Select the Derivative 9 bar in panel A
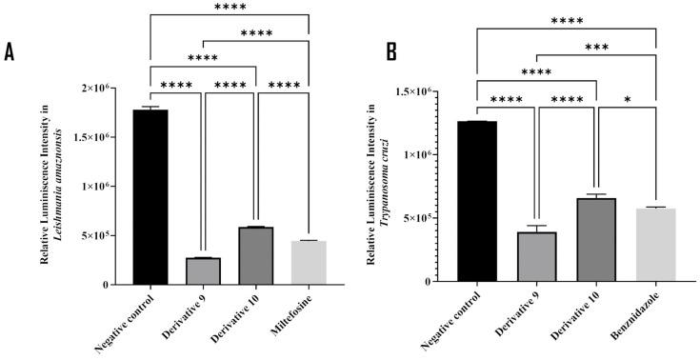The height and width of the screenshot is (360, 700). coord(203,271)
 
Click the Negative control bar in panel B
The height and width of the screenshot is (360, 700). coord(476,201)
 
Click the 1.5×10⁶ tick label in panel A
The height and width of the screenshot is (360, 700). coord(104,137)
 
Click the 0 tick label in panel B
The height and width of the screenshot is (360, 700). coord(438,281)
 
